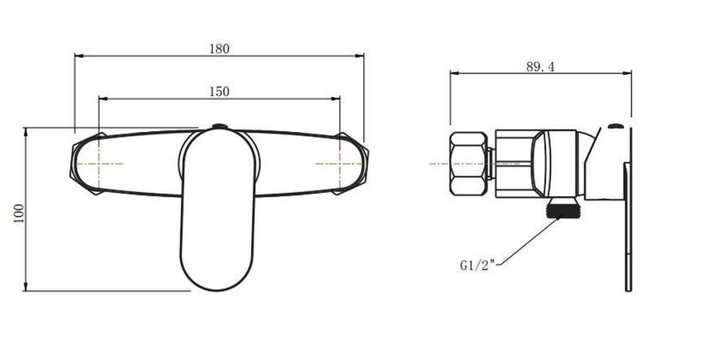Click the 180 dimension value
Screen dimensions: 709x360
(219, 49)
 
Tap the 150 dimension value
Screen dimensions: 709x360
(219, 92)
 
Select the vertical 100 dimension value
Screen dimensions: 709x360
(19, 214)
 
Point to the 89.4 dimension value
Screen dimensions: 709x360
(539, 67)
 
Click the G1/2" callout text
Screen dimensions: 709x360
(478, 266)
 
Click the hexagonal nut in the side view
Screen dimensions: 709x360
(468, 164)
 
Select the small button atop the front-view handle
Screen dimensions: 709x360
(220, 126)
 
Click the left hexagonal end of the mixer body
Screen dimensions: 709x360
(86, 164)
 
